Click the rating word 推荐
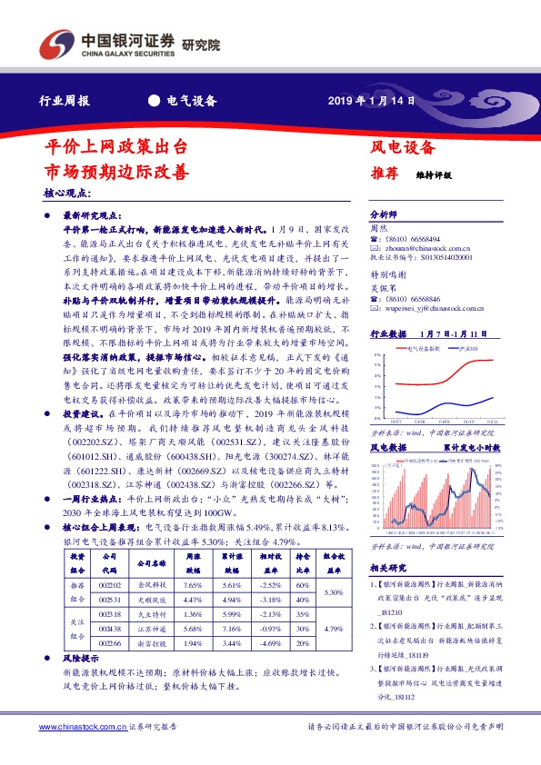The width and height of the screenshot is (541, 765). tap(383, 173)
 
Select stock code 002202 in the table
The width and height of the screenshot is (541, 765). tap(109, 587)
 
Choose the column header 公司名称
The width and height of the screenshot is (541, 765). tap(149, 563)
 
